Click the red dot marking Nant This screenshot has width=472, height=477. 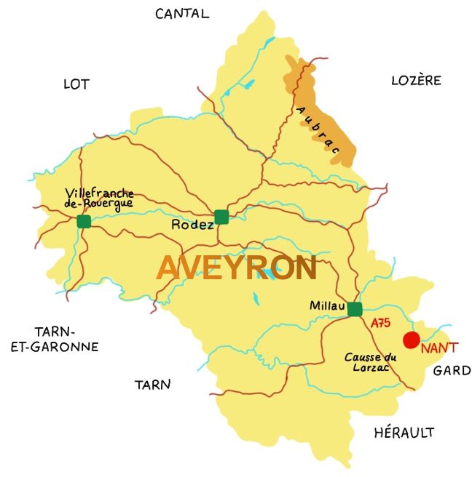click(412, 340)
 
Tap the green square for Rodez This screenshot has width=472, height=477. click(221, 216)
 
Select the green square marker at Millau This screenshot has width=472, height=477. click(355, 309)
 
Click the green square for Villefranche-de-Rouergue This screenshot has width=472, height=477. click(84, 221)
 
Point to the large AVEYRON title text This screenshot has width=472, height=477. click(237, 268)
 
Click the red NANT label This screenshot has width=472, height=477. click(439, 348)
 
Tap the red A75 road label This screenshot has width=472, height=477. click(380, 323)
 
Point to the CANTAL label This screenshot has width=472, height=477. click(182, 13)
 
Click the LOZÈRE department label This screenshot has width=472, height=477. click(416, 80)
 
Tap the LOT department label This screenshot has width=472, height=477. click(76, 84)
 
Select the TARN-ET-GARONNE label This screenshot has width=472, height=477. click(55, 340)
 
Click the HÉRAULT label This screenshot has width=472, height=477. click(404, 433)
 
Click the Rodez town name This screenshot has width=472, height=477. click(192, 225)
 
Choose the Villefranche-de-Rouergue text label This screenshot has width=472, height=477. click(99, 198)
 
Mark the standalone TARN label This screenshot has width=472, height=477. click(152, 385)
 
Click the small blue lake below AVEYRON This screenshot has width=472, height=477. click(256, 298)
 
